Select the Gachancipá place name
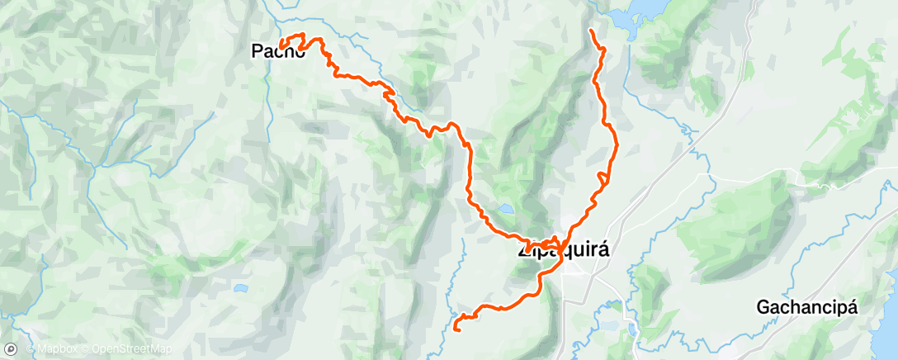click(807, 308)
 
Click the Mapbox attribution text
click(55, 349)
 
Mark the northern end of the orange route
click(591, 31)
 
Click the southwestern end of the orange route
click(456, 330)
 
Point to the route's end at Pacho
click(281, 45)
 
